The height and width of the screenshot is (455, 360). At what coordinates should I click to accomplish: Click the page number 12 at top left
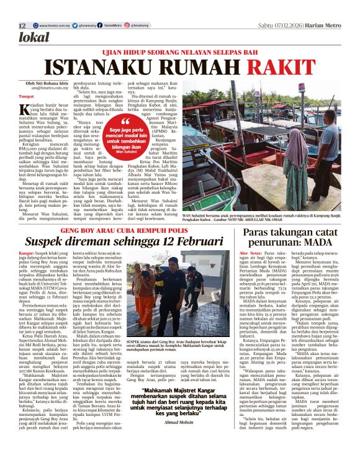22,25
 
